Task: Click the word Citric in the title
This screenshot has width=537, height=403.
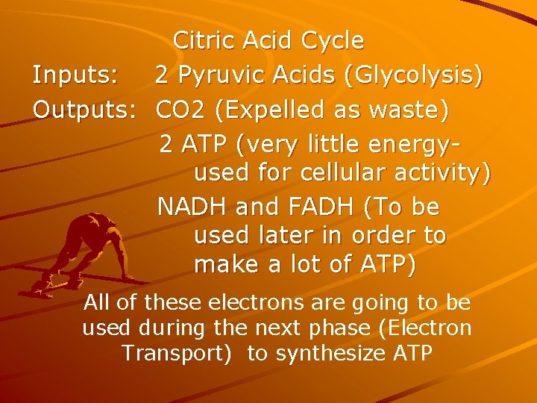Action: tap(203, 40)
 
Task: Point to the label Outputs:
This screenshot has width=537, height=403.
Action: tap(84, 110)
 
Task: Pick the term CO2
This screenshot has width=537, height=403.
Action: tap(181, 110)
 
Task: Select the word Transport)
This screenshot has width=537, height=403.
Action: tap(175, 353)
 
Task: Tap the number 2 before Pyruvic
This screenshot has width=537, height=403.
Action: tap(162, 76)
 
